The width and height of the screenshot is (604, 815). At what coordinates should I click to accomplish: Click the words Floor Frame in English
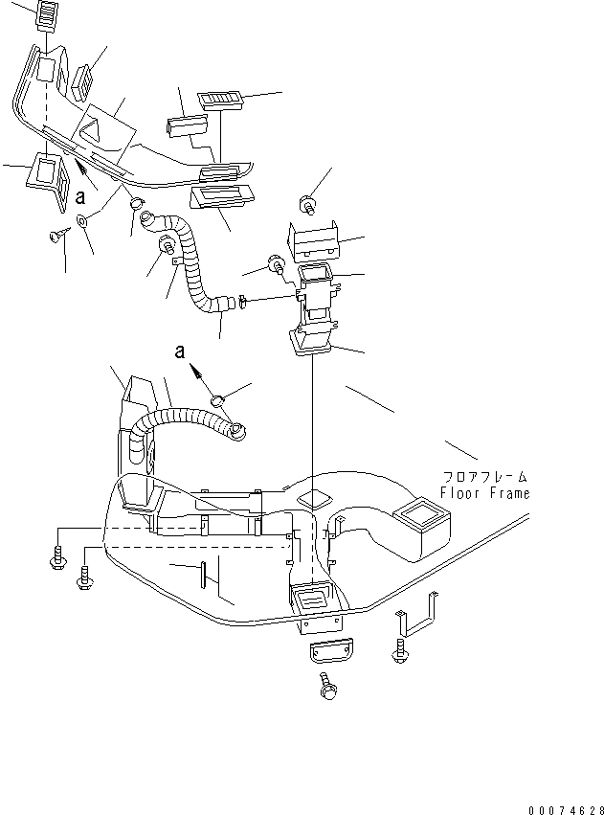click(484, 493)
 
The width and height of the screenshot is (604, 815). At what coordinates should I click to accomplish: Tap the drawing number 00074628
click(566, 810)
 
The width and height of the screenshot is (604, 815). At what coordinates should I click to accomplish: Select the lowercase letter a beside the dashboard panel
click(80, 197)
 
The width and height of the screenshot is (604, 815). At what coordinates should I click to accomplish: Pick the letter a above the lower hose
click(180, 351)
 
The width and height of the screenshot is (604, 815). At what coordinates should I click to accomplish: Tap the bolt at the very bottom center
click(327, 686)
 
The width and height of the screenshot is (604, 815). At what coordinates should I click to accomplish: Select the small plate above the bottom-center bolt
click(331, 650)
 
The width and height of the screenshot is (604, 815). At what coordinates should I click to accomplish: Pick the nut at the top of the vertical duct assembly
click(307, 204)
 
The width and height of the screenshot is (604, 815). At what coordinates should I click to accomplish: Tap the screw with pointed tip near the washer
click(59, 235)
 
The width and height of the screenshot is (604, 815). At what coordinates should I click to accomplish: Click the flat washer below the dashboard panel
click(82, 220)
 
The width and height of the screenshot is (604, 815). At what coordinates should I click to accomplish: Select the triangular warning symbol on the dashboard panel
click(94, 128)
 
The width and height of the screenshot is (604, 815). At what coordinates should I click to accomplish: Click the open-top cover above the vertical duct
click(313, 241)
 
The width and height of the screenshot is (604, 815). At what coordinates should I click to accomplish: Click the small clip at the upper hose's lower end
click(242, 302)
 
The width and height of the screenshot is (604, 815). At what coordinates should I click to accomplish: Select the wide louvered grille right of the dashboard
click(219, 100)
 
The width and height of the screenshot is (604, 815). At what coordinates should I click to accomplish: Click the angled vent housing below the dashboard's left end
click(48, 179)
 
